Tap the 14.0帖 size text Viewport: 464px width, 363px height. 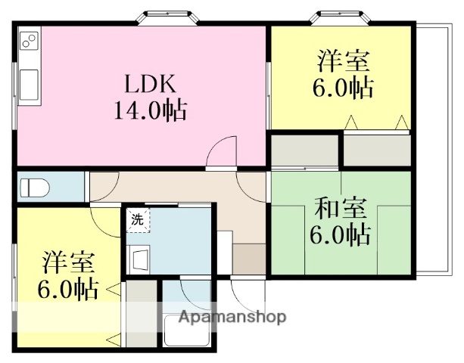tap(151, 111)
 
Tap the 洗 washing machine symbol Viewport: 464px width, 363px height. tap(138, 221)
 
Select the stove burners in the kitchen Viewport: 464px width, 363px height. tap(29, 42)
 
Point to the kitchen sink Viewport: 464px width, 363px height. tap(29, 82)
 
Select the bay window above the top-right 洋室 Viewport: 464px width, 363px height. tap(343, 16)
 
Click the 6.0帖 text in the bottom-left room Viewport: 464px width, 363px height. tap(67, 289)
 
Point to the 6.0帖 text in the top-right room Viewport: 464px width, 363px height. tap(342, 88)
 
